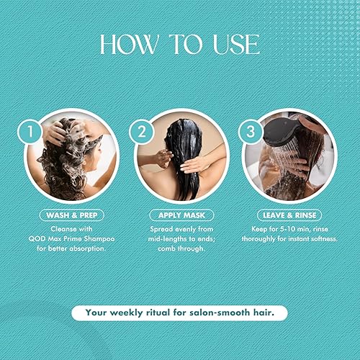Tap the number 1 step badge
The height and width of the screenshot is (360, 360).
point(30,132)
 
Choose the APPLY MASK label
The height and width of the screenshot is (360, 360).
point(179,215)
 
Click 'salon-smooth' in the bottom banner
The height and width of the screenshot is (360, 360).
point(222,312)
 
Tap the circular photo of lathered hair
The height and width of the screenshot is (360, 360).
point(69,157)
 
